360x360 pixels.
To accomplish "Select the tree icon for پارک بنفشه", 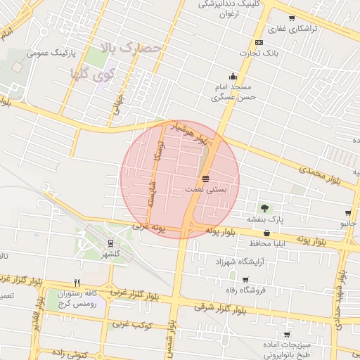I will pos(264,208).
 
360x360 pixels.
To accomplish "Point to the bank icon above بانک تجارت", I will pos(259,42).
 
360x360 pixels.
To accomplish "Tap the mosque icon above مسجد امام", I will pos(233,77).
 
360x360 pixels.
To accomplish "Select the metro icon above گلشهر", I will pos(111,242).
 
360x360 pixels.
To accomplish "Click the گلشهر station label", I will pos(110,253).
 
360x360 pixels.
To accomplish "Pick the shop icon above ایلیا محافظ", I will pos(266,233).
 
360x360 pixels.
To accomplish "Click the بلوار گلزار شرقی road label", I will pos(218,306).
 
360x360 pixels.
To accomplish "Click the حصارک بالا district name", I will pos(134,49).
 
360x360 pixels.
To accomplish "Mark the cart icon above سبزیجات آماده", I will pos(287,335).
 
